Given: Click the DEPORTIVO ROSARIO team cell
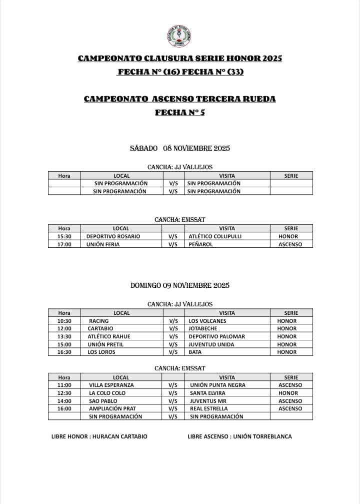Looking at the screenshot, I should click(x=113, y=236).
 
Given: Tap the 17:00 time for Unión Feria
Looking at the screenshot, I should click(x=64, y=244).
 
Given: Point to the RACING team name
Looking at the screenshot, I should click(x=98, y=321).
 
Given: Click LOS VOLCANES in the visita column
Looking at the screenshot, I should click(x=207, y=321).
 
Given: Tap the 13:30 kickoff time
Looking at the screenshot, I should click(x=64, y=336).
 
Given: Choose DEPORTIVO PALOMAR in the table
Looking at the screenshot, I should click(x=216, y=336).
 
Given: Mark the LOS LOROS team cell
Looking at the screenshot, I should click(x=101, y=352).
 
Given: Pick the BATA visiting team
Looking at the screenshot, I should click(x=195, y=352).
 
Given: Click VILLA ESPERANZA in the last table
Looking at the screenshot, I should click(x=111, y=385).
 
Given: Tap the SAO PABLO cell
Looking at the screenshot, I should click(x=103, y=401).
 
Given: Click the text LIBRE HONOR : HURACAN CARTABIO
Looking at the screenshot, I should click(x=99, y=436).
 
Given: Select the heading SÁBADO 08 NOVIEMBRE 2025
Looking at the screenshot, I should click(x=179, y=148).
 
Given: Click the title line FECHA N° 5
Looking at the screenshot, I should click(x=179, y=113).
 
